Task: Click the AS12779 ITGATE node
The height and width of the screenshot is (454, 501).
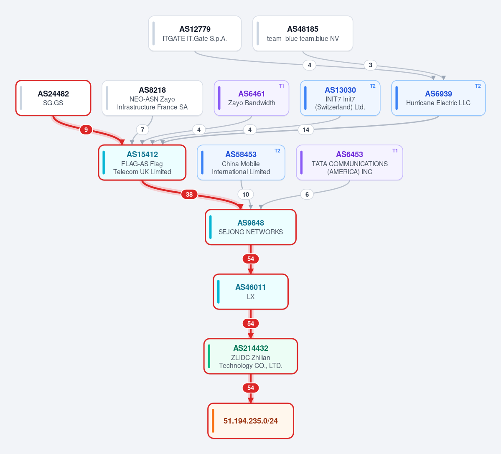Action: pyautogui.click(x=195, y=33)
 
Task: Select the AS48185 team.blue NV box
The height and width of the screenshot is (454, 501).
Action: pyautogui.click(x=303, y=33)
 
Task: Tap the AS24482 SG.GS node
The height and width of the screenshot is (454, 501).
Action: pyautogui.click(x=53, y=98)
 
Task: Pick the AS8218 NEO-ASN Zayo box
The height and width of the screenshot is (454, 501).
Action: pyautogui.click(x=153, y=98)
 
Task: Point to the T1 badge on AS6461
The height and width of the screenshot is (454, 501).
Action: pyautogui.click(x=281, y=86)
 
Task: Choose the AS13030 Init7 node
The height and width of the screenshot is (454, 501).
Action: pyautogui.click(x=340, y=98)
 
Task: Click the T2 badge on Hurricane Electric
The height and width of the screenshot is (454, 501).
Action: pyautogui.click(x=478, y=86)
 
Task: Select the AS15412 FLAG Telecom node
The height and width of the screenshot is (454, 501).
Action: pyautogui.click(x=142, y=162)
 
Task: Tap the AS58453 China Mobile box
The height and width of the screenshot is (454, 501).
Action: pyautogui.click(x=241, y=162)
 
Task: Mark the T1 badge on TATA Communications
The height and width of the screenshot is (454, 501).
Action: pyautogui.click(x=395, y=150)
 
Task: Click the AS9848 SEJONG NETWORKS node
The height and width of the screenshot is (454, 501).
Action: pyautogui.click(x=251, y=227)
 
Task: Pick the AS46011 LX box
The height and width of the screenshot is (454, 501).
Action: pyautogui.click(x=251, y=292)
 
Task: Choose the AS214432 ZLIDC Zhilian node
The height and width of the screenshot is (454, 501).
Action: pyautogui.click(x=251, y=356)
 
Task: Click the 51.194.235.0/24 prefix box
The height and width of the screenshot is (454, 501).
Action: pyautogui.click(x=251, y=421)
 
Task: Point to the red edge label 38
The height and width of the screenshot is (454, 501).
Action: pyautogui.click(x=189, y=194)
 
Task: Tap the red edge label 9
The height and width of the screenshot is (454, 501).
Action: pyautogui.click(x=86, y=129)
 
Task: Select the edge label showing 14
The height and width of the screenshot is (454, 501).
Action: pyautogui.click(x=306, y=129)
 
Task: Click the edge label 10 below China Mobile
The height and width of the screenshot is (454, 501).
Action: pyautogui.click(x=246, y=194)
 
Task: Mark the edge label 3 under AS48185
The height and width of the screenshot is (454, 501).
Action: pyautogui.click(x=370, y=65)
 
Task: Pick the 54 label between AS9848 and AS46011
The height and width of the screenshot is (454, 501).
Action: pyautogui.click(x=251, y=259)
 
